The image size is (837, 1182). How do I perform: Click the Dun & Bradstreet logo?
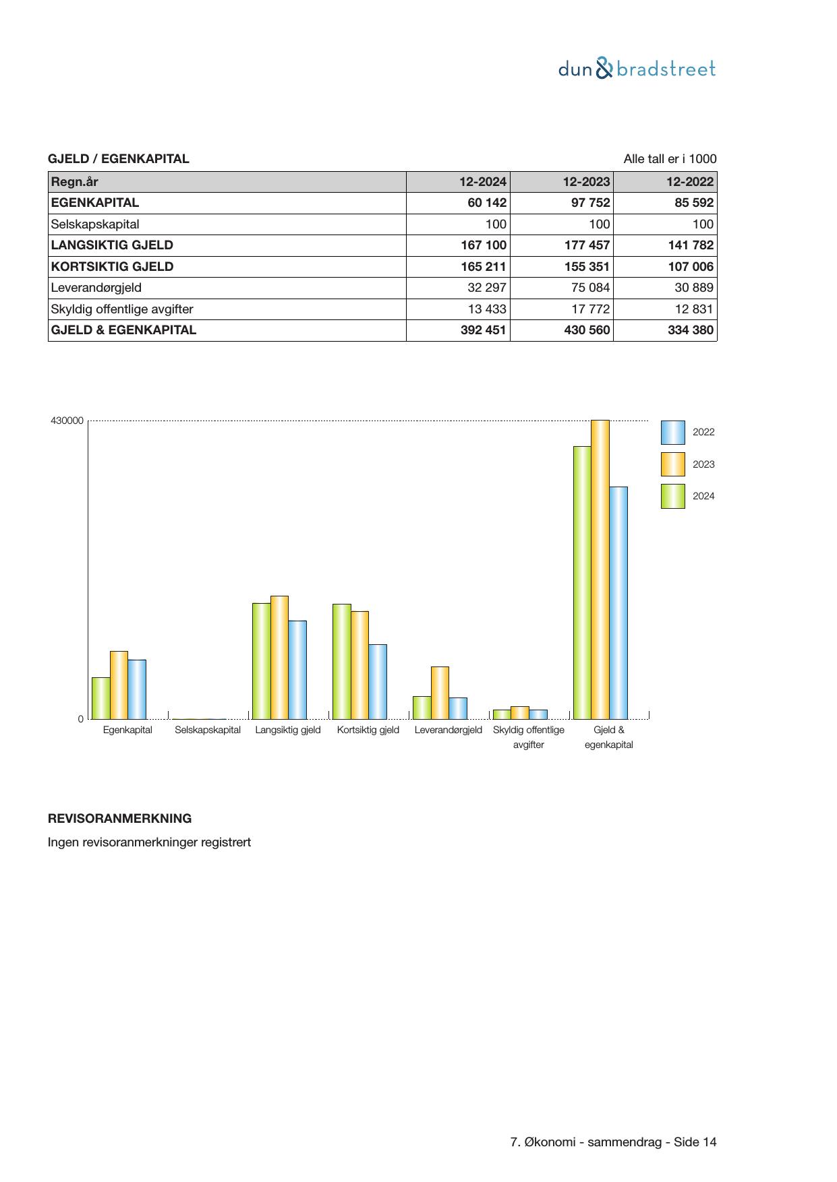637,69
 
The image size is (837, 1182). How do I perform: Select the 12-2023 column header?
586,182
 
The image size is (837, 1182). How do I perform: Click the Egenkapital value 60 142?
486,203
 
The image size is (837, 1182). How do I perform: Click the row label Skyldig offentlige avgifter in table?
122,309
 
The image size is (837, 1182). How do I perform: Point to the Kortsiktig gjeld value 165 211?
483,267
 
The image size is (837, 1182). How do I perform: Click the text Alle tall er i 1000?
670,159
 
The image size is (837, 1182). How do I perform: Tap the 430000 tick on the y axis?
67,421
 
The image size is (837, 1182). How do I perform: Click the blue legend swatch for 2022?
672,433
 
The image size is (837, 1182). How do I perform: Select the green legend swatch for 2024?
672,497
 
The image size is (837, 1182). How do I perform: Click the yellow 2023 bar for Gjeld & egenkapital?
600,569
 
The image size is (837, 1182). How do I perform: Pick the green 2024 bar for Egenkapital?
101,698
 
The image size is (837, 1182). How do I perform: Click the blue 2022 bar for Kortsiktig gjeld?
378,681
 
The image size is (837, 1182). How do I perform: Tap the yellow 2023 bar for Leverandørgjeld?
440,693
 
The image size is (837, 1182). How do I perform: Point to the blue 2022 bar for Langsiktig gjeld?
297,670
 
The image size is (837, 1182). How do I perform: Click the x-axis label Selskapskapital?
208,730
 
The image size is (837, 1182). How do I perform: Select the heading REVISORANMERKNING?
119,819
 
